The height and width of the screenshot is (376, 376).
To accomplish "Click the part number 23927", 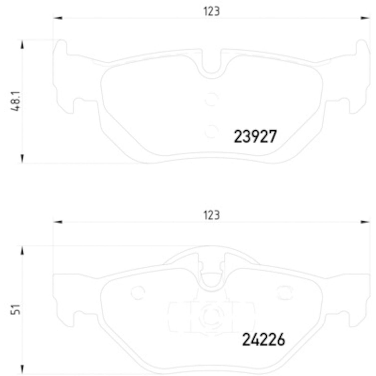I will coord(255,137).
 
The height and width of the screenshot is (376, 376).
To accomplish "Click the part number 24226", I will coord(263,340).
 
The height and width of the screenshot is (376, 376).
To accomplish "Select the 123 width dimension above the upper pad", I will coord(211,12).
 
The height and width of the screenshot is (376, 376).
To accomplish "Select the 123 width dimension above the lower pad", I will coord(211,215).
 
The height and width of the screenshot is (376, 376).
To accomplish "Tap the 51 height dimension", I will coord(16,309).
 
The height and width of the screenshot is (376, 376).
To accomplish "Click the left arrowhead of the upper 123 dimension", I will coord(58,18).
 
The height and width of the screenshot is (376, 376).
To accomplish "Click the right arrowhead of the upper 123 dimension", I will coord(365,18).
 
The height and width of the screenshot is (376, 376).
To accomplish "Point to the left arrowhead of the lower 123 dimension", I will coord(58,222).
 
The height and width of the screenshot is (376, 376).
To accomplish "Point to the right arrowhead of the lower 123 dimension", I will coord(365,222).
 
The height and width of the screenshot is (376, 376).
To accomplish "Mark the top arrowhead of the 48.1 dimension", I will coord(22,44).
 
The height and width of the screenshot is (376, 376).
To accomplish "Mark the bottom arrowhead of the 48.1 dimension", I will coord(22,159).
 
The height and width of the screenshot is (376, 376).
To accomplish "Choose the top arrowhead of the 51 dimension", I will coord(22,251).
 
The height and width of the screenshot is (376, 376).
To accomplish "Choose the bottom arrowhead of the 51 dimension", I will coord(22,369).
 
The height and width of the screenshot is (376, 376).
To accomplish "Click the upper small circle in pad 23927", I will coord(211,99).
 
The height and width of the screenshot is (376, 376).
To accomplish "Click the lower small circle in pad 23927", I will coord(211,132).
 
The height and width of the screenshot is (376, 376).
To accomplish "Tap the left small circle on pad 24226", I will coord(138,293).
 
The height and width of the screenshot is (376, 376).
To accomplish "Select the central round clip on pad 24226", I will coord(211,316).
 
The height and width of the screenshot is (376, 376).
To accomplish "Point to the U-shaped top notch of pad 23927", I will coord(211,65).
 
